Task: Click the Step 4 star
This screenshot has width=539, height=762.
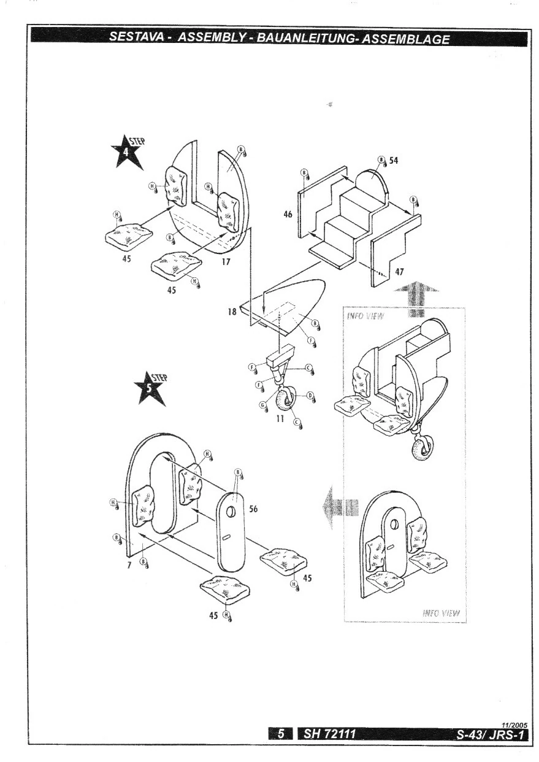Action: pyautogui.click(x=127, y=153)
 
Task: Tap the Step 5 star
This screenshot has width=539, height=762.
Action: pyautogui.click(x=149, y=390)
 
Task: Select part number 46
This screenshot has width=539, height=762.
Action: pyautogui.click(x=288, y=214)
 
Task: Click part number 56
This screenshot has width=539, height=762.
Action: pyautogui.click(x=253, y=508)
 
